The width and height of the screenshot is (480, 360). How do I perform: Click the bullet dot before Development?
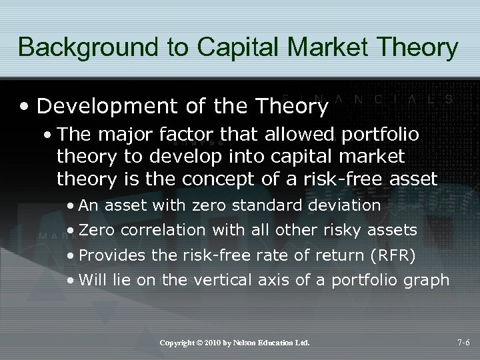pos(25,107)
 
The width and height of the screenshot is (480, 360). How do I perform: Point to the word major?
pos(122,135)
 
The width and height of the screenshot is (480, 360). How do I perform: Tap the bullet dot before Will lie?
pos(70,280)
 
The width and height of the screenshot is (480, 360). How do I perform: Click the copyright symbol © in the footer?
pos(199,343)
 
